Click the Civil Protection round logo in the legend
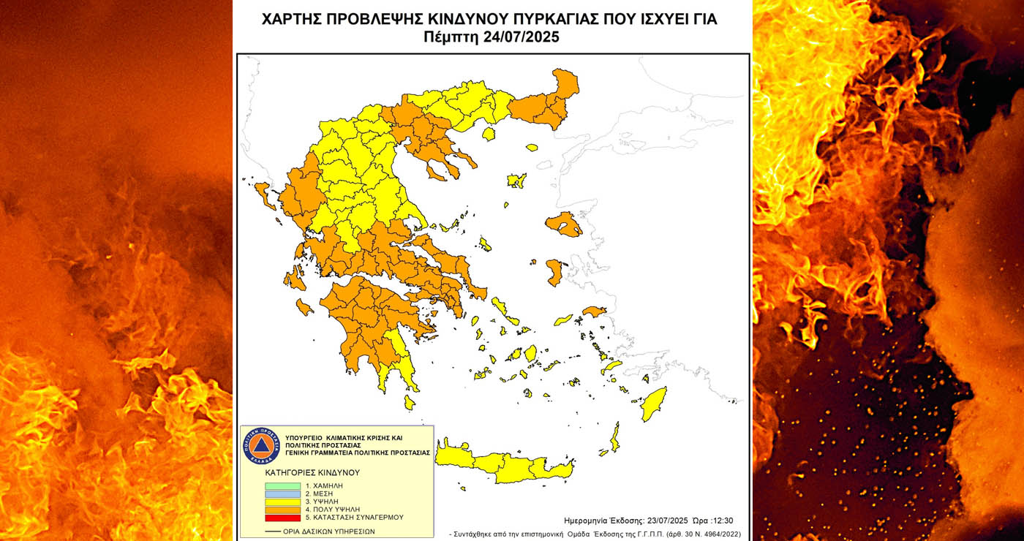(x=261, y=445)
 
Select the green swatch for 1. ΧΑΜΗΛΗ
(x=282, y=485)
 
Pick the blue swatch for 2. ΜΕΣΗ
(x=282, y=493)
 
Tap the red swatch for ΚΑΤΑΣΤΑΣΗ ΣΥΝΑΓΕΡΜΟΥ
(x=282, y=518)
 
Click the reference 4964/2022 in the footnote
(x=717, y=534)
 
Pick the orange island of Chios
(x=554, y=273)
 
